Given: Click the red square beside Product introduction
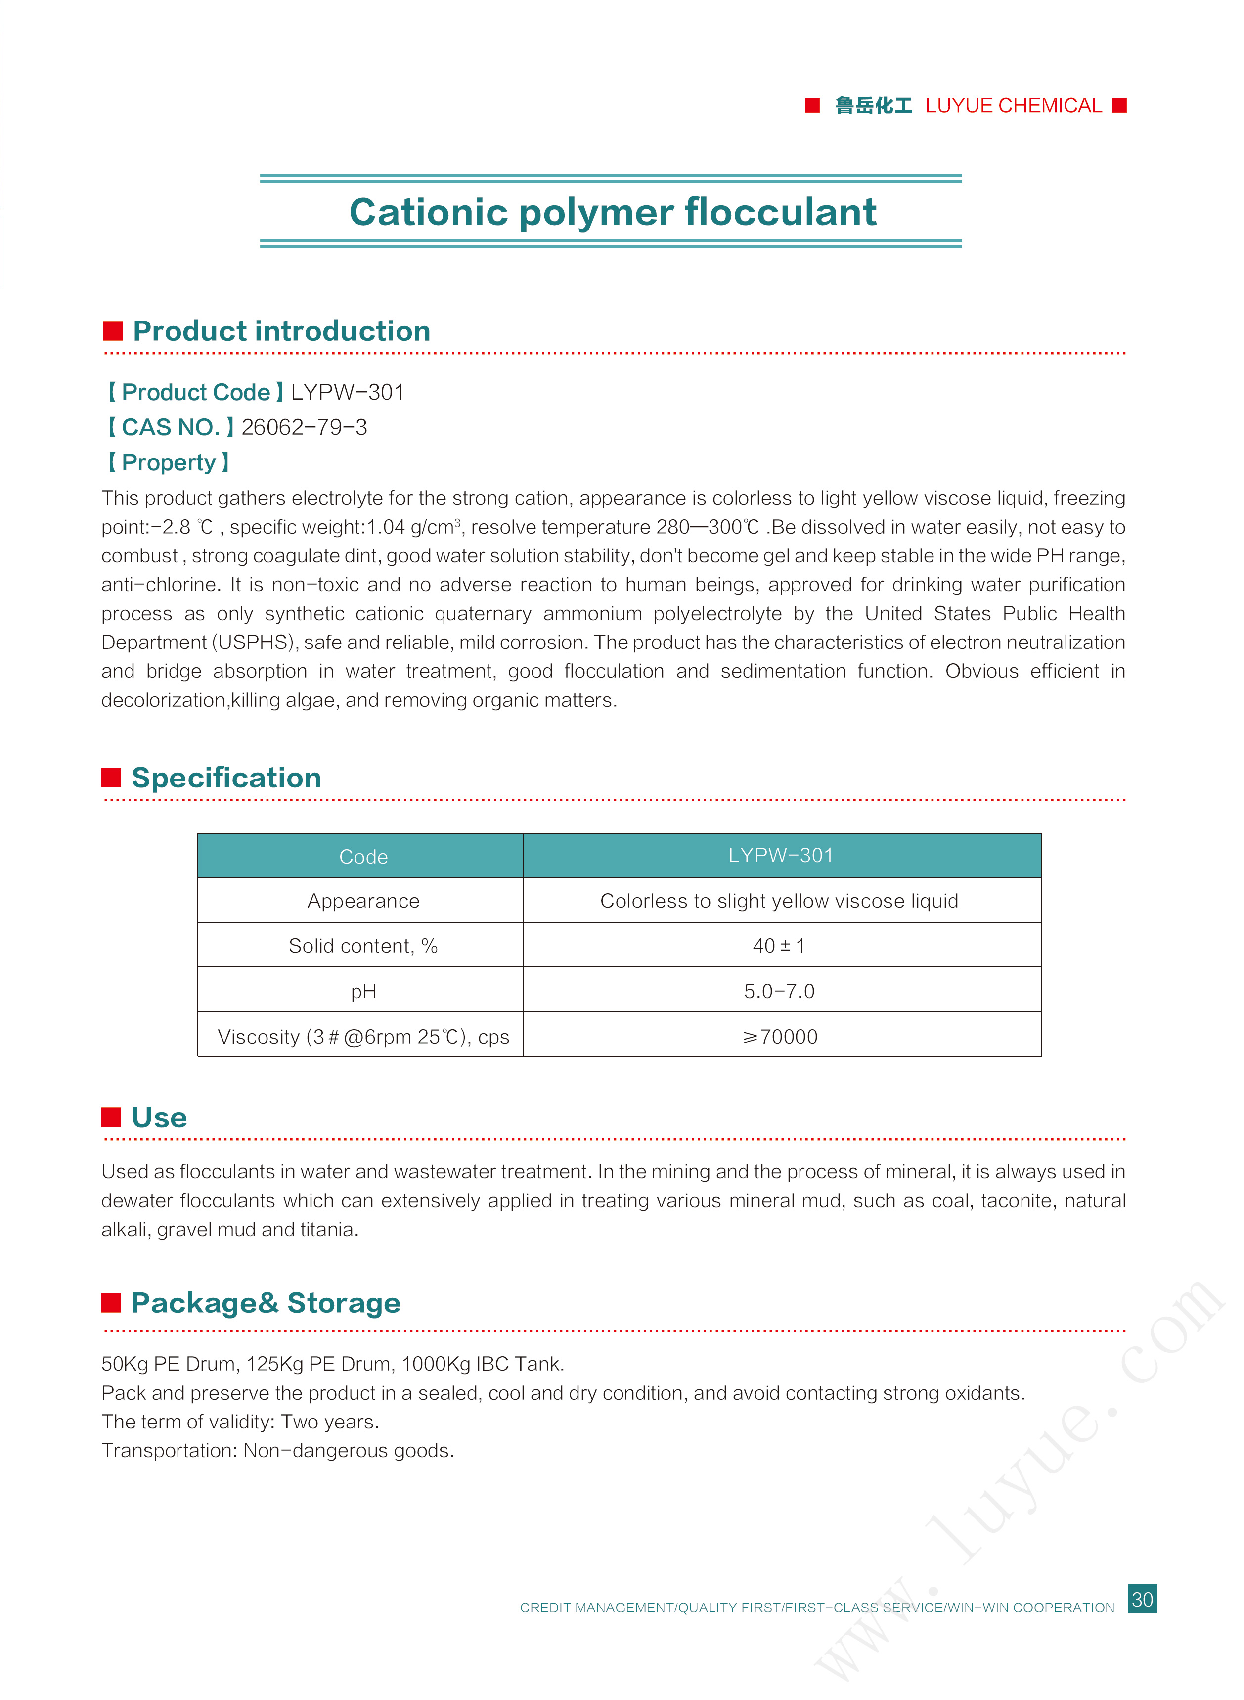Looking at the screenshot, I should [x=113, y=331].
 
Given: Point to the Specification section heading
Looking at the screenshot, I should [x=226, y=778].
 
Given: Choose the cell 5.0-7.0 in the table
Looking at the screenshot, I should [x=779, y=991].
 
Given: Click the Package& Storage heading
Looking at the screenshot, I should [x=266, y=1302].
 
